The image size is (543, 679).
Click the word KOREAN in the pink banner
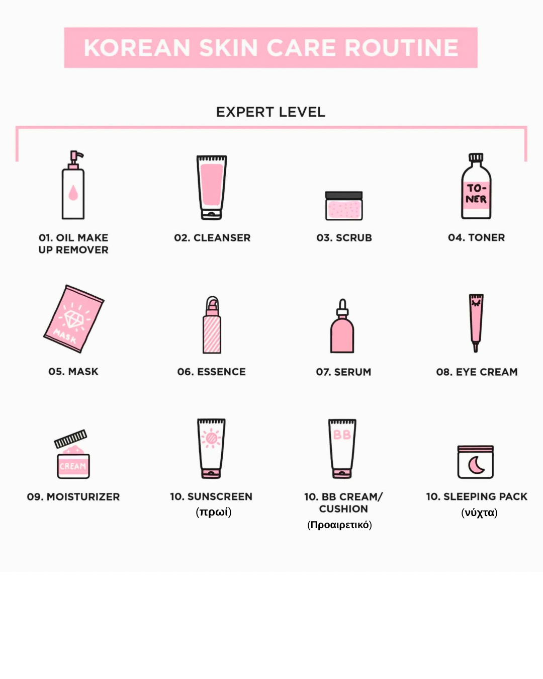[x=137, y=48]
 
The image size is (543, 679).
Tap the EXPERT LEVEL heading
[x=270, y=112]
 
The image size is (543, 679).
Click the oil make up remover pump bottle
[x=73, y=185]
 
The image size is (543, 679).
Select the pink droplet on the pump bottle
[x=73, y=193]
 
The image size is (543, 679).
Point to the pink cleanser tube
[x=212, y=188]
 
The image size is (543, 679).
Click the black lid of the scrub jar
[x=344, y=195]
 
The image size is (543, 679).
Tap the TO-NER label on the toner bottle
[x=476, y=194]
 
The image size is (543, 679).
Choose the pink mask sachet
[x=74, y=319]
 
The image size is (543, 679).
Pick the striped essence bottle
[x=212, y=325]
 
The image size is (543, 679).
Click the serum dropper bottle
[x=342, y=326]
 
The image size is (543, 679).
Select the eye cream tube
[x=476, y=323]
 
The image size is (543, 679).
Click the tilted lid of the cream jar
[x=70, y=439]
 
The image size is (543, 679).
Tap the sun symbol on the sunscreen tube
[x=211, y=438]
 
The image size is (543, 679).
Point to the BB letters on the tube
[x=342, y=435]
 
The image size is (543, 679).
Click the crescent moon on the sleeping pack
[x=476, y=465]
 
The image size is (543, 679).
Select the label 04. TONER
[x=477, y=237]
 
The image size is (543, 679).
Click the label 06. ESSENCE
[x=211, y=372]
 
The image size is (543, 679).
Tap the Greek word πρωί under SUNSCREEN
[x=214, y=512]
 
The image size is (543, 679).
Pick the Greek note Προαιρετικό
[x=339, y=525]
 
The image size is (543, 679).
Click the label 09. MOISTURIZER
[x=73, y=497]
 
